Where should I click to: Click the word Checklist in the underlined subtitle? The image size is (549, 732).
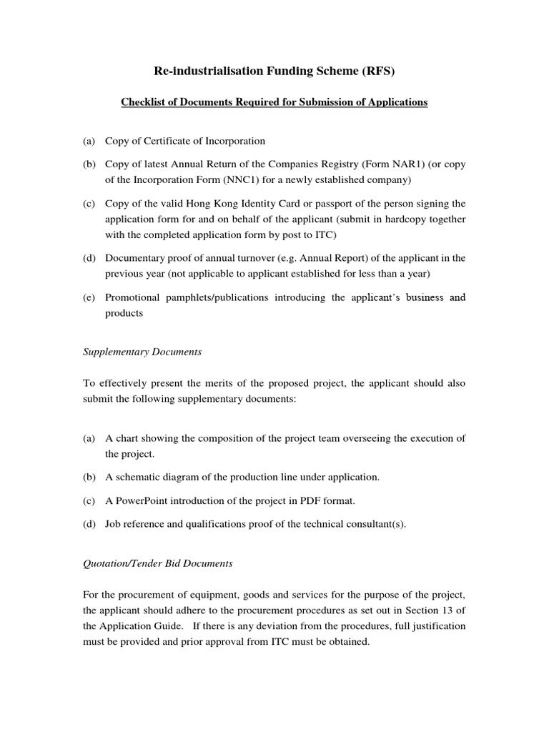[x=145, y=102]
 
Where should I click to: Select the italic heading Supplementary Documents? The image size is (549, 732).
[x=142, y=352]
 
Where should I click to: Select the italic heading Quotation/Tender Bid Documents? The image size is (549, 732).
[x=158, y=563]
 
